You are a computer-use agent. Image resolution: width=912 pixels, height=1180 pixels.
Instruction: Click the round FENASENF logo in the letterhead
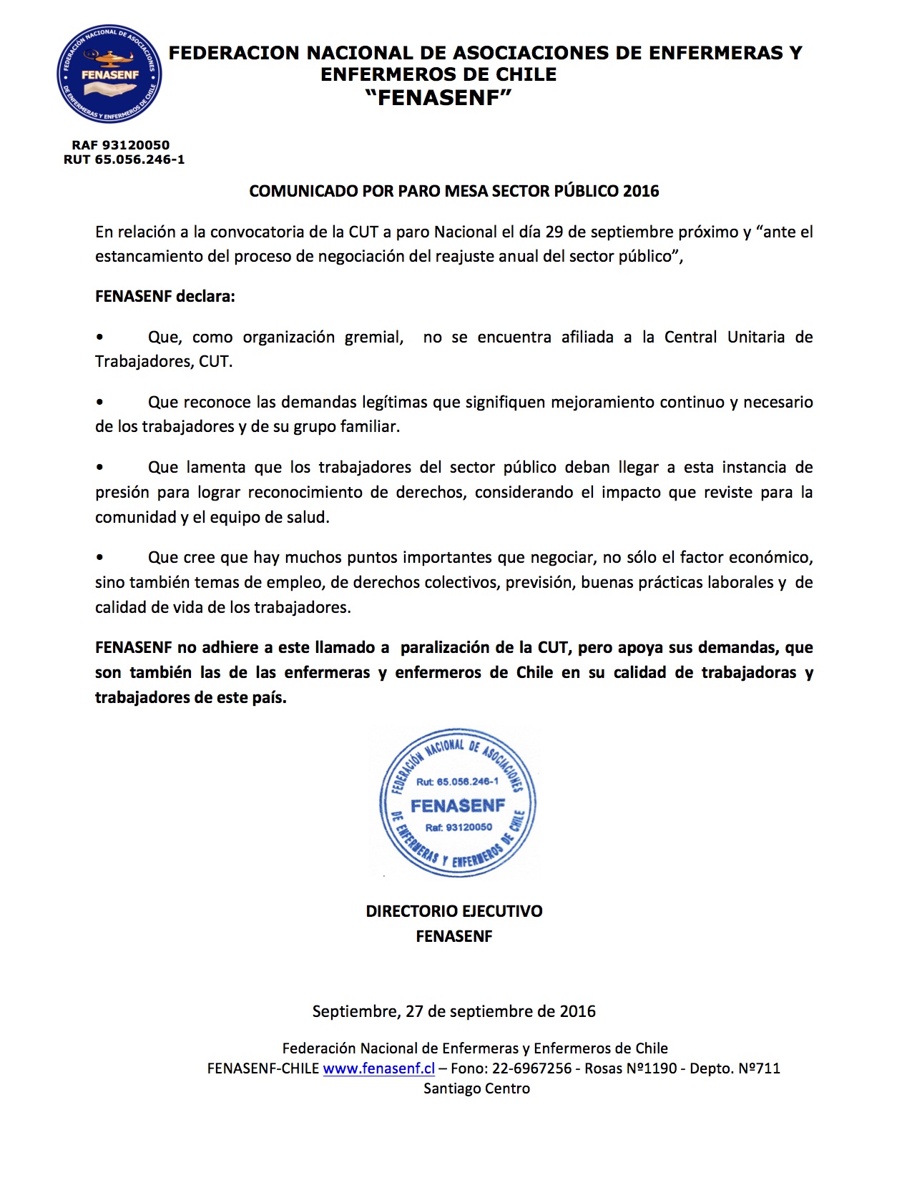[x=109, y=74]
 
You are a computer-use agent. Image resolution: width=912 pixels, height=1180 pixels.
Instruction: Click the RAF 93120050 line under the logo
[x=120, y=145]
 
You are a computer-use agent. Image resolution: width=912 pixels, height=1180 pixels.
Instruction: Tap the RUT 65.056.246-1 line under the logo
[x=124, y=159]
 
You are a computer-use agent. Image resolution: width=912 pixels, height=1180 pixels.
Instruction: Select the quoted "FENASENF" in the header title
[x=438, y=98]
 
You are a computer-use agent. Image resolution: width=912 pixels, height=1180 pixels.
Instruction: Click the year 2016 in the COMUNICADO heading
[x=641, y=191]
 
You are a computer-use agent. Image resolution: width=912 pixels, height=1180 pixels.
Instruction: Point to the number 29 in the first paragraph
[x=554, y=232]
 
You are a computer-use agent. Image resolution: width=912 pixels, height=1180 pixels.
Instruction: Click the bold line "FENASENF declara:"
[x=165, y=296]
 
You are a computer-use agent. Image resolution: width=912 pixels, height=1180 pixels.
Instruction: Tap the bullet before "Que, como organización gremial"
[x=99, y=338]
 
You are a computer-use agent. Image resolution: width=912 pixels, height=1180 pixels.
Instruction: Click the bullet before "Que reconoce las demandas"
[x=99, y=403]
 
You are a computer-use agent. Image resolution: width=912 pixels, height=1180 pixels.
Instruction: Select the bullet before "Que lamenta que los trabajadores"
[x=99, y=468]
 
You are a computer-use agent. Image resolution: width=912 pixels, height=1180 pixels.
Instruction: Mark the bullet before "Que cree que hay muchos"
[x=99, y=558]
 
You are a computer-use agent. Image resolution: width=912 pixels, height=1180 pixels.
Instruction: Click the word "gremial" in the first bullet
[x=373, y=338]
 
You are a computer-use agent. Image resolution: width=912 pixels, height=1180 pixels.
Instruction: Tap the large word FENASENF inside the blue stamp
[x=458, y=806]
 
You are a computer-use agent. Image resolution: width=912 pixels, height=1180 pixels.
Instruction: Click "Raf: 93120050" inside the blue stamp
[x=459, y=827]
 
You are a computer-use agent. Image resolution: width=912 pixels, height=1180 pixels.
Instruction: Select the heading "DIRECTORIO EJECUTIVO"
[x=454, y=911]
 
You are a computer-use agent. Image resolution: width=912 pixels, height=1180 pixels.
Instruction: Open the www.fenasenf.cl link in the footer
[x=379, y=1068]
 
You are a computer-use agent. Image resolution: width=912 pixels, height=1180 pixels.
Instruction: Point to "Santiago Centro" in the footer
[x=476, y=1088]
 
